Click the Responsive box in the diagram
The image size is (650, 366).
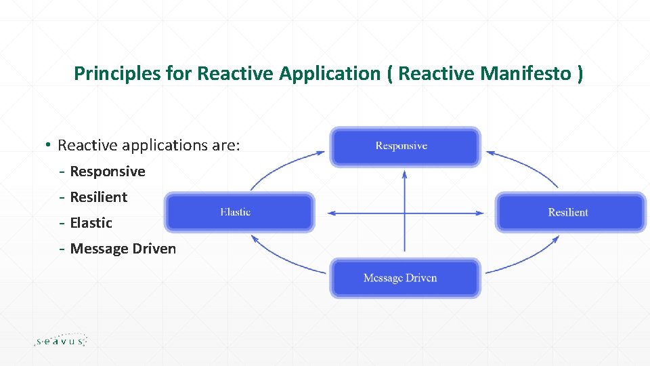coord(405,146)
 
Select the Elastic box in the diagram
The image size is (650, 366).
coord(240,212)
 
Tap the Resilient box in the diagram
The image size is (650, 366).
coord(570,212)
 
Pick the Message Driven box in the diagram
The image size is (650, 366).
coord(405,278)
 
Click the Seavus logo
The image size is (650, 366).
coord(61,340)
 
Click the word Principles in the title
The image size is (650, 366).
coord(118,74)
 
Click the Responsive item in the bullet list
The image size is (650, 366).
coord(108,171)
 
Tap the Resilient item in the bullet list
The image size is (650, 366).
coord(99,197)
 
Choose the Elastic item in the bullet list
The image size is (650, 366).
coord(91,223)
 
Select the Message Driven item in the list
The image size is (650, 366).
coord(123,249)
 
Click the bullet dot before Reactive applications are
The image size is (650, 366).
coord(49,144)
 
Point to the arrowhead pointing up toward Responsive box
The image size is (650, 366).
coord(404,174)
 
